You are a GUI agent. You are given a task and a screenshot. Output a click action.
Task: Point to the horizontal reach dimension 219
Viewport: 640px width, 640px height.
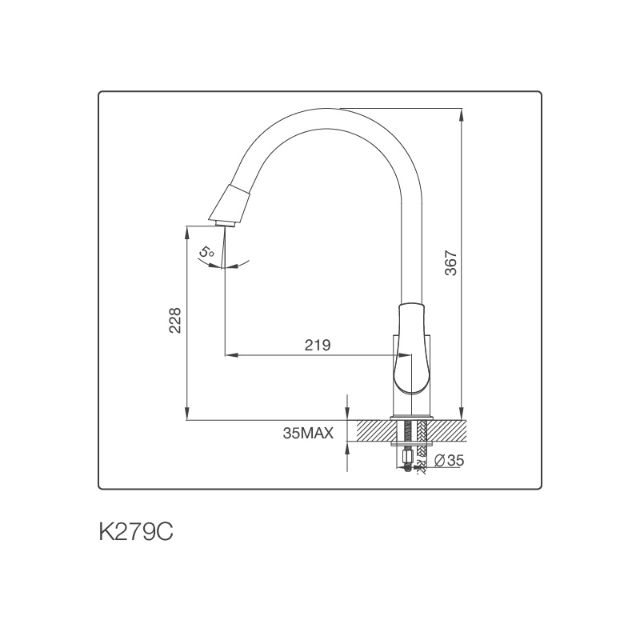tap(318, 345)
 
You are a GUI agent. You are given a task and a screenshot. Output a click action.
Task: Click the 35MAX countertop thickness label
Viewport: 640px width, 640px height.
tap(307, 434)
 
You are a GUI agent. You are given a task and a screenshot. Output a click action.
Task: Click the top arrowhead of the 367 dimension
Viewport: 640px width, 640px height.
tap(462, 114)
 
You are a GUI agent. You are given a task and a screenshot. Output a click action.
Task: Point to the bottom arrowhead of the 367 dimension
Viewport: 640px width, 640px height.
tap(462, 414)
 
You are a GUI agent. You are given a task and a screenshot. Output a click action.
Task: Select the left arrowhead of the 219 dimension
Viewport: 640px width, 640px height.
tap(230, 354)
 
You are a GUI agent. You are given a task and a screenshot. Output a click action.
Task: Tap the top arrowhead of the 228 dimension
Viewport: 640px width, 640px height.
tap(187, 230)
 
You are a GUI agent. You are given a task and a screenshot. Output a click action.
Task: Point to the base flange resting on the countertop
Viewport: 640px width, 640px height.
tap(411, 418)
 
